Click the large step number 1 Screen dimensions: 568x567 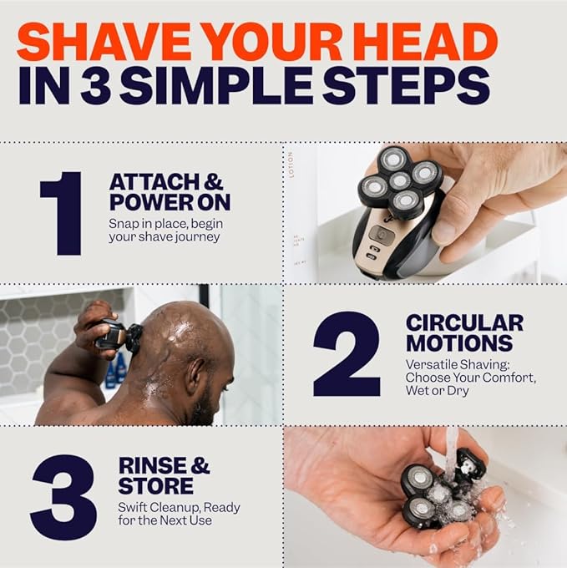point(63,213)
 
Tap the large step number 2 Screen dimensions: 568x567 point(347,354)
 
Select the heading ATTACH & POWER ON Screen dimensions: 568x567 point(170,193)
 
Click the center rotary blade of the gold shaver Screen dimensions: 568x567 point(399,180)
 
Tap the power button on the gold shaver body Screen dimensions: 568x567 point(377,235)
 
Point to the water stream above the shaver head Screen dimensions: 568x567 point(451,447)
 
